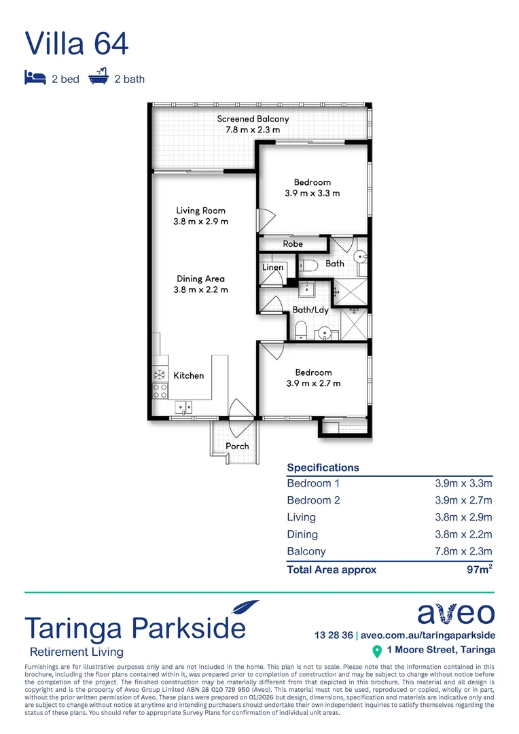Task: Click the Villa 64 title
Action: point(77,43)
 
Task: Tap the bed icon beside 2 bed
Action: point(35,78)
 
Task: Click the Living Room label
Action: point(200,211)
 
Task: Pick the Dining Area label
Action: point(200,279)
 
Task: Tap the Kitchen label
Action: point(188,375)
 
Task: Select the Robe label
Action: point(293,243)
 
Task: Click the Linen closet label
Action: point(272,268)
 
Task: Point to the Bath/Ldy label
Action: point(310,310)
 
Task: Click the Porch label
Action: point(237,447)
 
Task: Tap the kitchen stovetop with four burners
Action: point(160,390)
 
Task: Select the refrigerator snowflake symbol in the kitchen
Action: point(160,374)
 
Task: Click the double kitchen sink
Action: point(183,407)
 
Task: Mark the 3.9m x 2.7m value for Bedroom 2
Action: point(463,500)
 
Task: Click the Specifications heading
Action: point(323,468)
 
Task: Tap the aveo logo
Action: point(455,614)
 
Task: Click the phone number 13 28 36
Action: point(334,635)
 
